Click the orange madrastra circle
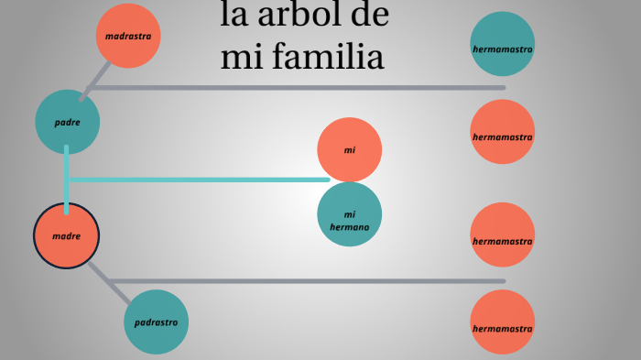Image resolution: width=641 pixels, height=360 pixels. (128, 36)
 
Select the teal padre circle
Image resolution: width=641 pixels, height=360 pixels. (68, 121)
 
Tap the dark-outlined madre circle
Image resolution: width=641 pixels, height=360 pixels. (66, 235)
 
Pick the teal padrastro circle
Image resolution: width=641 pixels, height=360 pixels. (156, 322)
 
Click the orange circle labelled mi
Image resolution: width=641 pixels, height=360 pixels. (349, 149)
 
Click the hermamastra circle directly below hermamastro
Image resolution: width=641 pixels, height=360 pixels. (502, 136)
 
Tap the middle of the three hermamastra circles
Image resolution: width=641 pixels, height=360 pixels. (502, 240)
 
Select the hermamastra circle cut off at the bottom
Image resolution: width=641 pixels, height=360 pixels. (502, 325)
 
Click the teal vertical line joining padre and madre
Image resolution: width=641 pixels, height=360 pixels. (67, 179)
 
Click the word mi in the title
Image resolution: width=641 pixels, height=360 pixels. (241, 57)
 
